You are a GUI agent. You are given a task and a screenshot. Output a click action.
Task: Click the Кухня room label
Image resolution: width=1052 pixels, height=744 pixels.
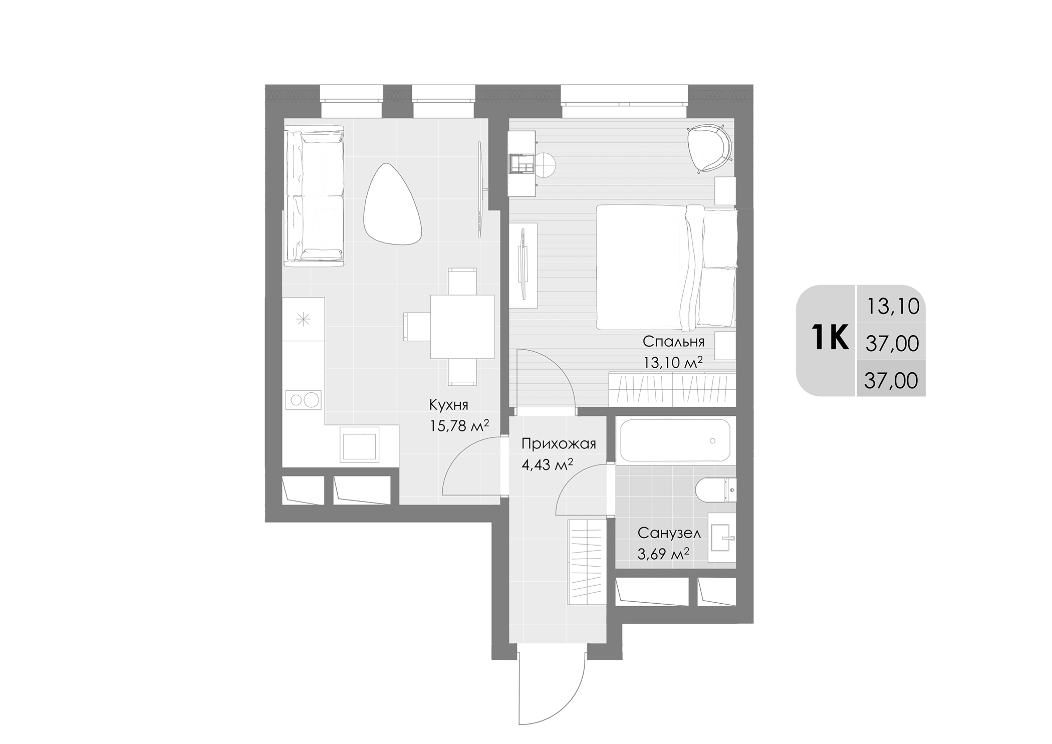pos(448,404)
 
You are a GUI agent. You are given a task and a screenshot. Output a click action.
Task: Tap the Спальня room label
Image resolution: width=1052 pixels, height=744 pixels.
pos(673,342)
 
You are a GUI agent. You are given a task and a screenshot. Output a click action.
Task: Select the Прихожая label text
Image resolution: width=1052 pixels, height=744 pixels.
pos(559,444)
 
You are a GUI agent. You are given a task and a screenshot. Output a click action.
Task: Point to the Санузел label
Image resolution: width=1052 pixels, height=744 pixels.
pos(669,533)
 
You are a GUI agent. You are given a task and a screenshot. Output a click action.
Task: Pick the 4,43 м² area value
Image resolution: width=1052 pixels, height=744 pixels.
pos(547,465)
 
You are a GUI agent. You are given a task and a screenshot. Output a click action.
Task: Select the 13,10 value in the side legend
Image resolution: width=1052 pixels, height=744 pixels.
pos(893,306)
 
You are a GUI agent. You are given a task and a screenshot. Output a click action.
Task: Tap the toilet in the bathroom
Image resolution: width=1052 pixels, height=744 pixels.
pos(715,490)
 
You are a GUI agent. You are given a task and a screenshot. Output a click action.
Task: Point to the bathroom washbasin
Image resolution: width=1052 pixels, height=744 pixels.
pos(722,539)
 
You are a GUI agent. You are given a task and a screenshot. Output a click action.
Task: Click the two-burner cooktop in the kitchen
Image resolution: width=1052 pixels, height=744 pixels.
pos(303,400)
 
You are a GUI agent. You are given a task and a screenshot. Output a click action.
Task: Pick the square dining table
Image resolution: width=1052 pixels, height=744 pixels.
pos(462,327)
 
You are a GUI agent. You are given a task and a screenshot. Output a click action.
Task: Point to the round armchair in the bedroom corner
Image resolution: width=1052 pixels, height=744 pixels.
pos(709,148)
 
